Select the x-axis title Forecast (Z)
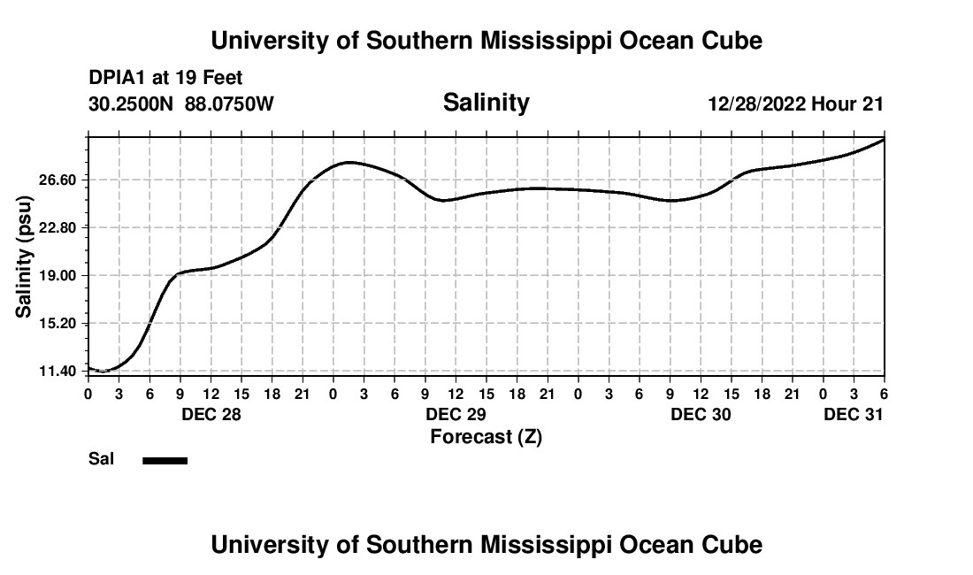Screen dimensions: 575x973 [486, 436]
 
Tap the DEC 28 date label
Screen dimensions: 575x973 [211, 414]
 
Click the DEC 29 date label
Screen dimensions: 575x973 [456, 414]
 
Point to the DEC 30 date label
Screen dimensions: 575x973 [701, 414]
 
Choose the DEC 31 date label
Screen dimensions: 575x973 [854, 414]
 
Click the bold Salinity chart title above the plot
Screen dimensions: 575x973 [486, 103]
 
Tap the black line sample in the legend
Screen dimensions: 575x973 [165, 460]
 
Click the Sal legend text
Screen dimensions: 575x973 [101, 459]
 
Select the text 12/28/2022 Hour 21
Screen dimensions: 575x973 [795, 104]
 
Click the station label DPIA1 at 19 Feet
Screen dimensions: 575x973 [165, 79]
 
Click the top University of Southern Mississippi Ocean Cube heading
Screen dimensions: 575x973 [486, 41]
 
